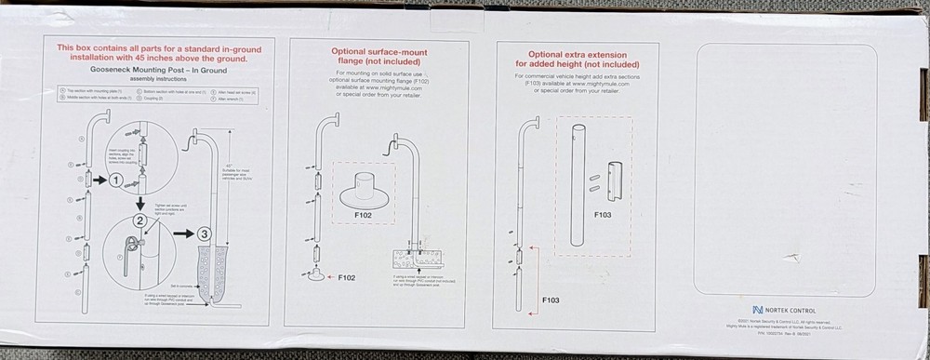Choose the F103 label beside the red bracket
(552, 301)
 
